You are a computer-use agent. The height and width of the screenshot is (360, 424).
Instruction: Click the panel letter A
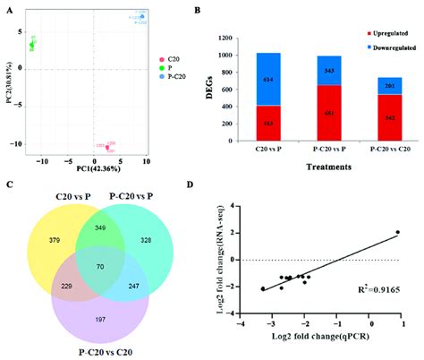(x=7, y=11)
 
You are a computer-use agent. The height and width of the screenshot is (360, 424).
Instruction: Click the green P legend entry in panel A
(x=166, y=66)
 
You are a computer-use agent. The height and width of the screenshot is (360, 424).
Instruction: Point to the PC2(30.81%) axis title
(x=7, y=85)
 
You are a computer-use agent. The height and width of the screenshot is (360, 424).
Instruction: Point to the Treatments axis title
(x=311, y=165)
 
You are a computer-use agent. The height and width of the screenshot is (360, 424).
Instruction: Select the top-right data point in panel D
(x=398, y=232)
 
